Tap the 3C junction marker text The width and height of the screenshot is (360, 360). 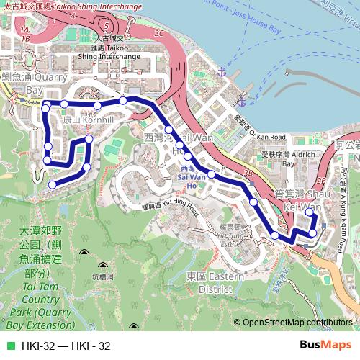point(159,33)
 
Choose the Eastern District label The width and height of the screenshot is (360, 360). point(216,282)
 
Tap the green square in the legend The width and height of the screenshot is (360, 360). point(10,346)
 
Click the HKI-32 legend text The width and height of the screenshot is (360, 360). point(66,346)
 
